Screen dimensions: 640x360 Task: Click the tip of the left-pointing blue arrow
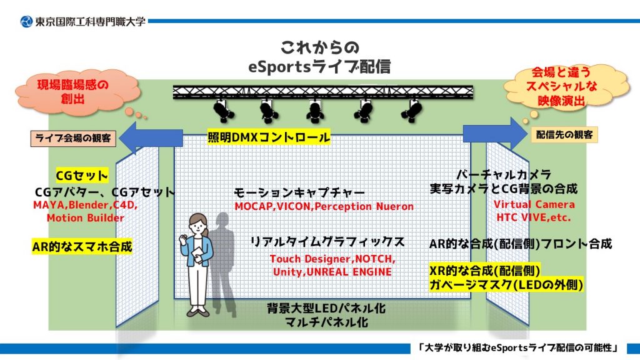coord(119,138)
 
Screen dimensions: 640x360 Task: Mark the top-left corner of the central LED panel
coord(174,135)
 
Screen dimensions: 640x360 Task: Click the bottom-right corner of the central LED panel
coord(471,299)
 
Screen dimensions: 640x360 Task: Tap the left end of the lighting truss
coord(173,92)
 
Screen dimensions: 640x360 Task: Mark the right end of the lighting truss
coord(474,92)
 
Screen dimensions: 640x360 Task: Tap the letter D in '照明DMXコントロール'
coord(236,137)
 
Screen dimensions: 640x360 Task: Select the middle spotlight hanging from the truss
coord(315,111)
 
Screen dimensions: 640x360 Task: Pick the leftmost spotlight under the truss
coord(223,111)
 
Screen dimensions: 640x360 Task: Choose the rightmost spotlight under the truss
coord(411,111)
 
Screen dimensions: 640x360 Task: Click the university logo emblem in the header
coord(26,21)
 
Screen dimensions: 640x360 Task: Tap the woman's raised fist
coord(183,237)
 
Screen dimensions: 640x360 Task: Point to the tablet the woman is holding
coord(197,254)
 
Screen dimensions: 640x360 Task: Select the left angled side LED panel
coord(137,236)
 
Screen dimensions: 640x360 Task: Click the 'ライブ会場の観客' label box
coord(74,138)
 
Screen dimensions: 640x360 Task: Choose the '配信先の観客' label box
coord(564,135)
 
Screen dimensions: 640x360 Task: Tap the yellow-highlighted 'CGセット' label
coord(82,176)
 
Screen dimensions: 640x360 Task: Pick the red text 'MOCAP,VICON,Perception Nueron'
coord(324,206)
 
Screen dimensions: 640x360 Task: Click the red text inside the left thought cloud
coord(73,92)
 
